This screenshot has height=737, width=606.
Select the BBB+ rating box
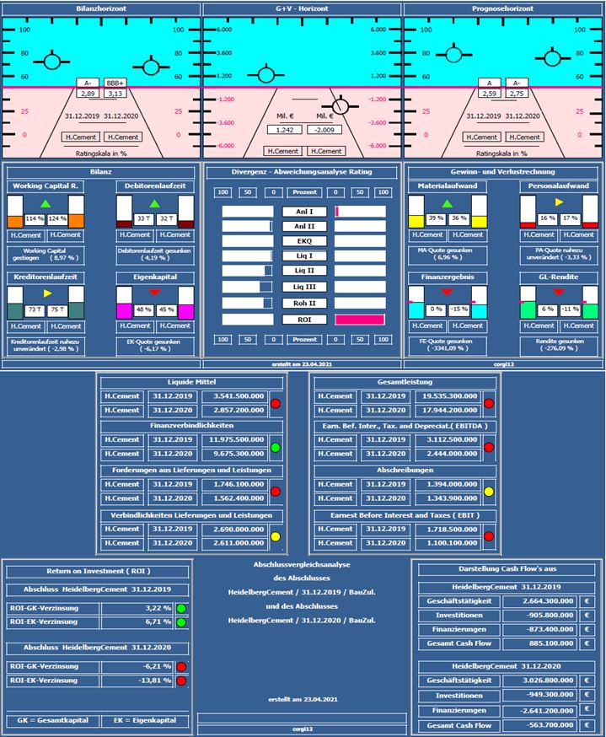click(115, 83)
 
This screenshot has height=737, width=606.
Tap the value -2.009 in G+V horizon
click(324, 130)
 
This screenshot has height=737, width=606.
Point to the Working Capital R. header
click(49, 186)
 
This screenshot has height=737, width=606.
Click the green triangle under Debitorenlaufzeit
click(155, 204)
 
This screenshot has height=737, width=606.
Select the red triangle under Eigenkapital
click(155, 292)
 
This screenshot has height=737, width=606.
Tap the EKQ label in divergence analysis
click(303, 240)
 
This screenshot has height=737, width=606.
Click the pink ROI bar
click(360, 320)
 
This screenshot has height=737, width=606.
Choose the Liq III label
click(303, 287)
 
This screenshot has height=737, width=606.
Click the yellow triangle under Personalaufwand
click(557, 204)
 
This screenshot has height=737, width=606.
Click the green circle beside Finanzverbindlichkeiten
click(276, 447)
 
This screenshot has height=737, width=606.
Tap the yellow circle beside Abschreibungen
click(489, 492)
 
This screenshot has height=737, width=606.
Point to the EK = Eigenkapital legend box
click(145, 721)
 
